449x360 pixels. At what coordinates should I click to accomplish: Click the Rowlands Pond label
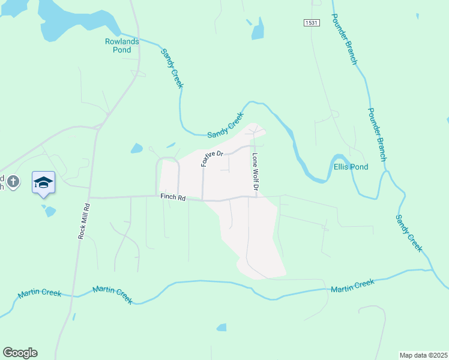point(122,46)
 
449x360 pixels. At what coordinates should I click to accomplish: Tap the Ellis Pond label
point(351,167)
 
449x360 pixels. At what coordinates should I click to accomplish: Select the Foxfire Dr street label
point(212,158)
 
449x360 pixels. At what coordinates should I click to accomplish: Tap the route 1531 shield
point(310,23)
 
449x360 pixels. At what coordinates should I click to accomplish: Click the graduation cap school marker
point(43,182)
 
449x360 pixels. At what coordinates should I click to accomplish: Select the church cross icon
point(14,180)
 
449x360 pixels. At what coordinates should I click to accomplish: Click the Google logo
point(20,353)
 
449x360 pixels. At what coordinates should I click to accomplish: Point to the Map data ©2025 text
point(423,355)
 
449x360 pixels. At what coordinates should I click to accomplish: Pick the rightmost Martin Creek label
point(352,286)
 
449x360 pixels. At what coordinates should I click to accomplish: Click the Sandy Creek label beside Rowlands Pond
point(172,68)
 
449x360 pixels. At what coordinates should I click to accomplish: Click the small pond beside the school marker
point(49,211)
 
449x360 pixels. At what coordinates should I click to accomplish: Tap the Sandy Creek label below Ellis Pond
point(409,233)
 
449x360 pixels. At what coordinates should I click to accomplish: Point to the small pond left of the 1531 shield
point(258,29)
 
